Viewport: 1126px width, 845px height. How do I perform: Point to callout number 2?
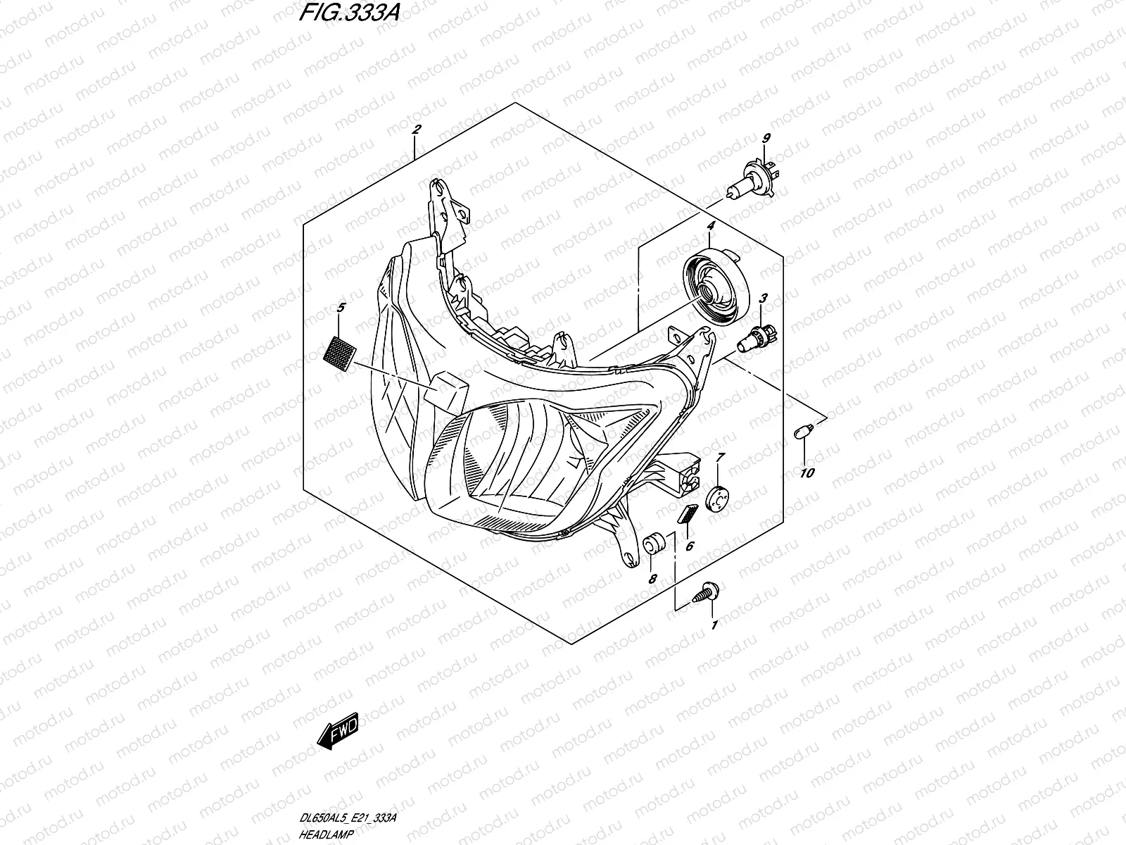click(x=416, y=130)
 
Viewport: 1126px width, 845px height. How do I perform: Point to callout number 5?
click(x=341, y=308)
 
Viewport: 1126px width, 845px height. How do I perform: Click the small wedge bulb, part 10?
click(x=802, y=431)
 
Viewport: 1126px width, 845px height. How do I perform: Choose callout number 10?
click(x=806, y=472)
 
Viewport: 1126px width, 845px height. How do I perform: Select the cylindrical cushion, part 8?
click(x=654, y=544)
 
